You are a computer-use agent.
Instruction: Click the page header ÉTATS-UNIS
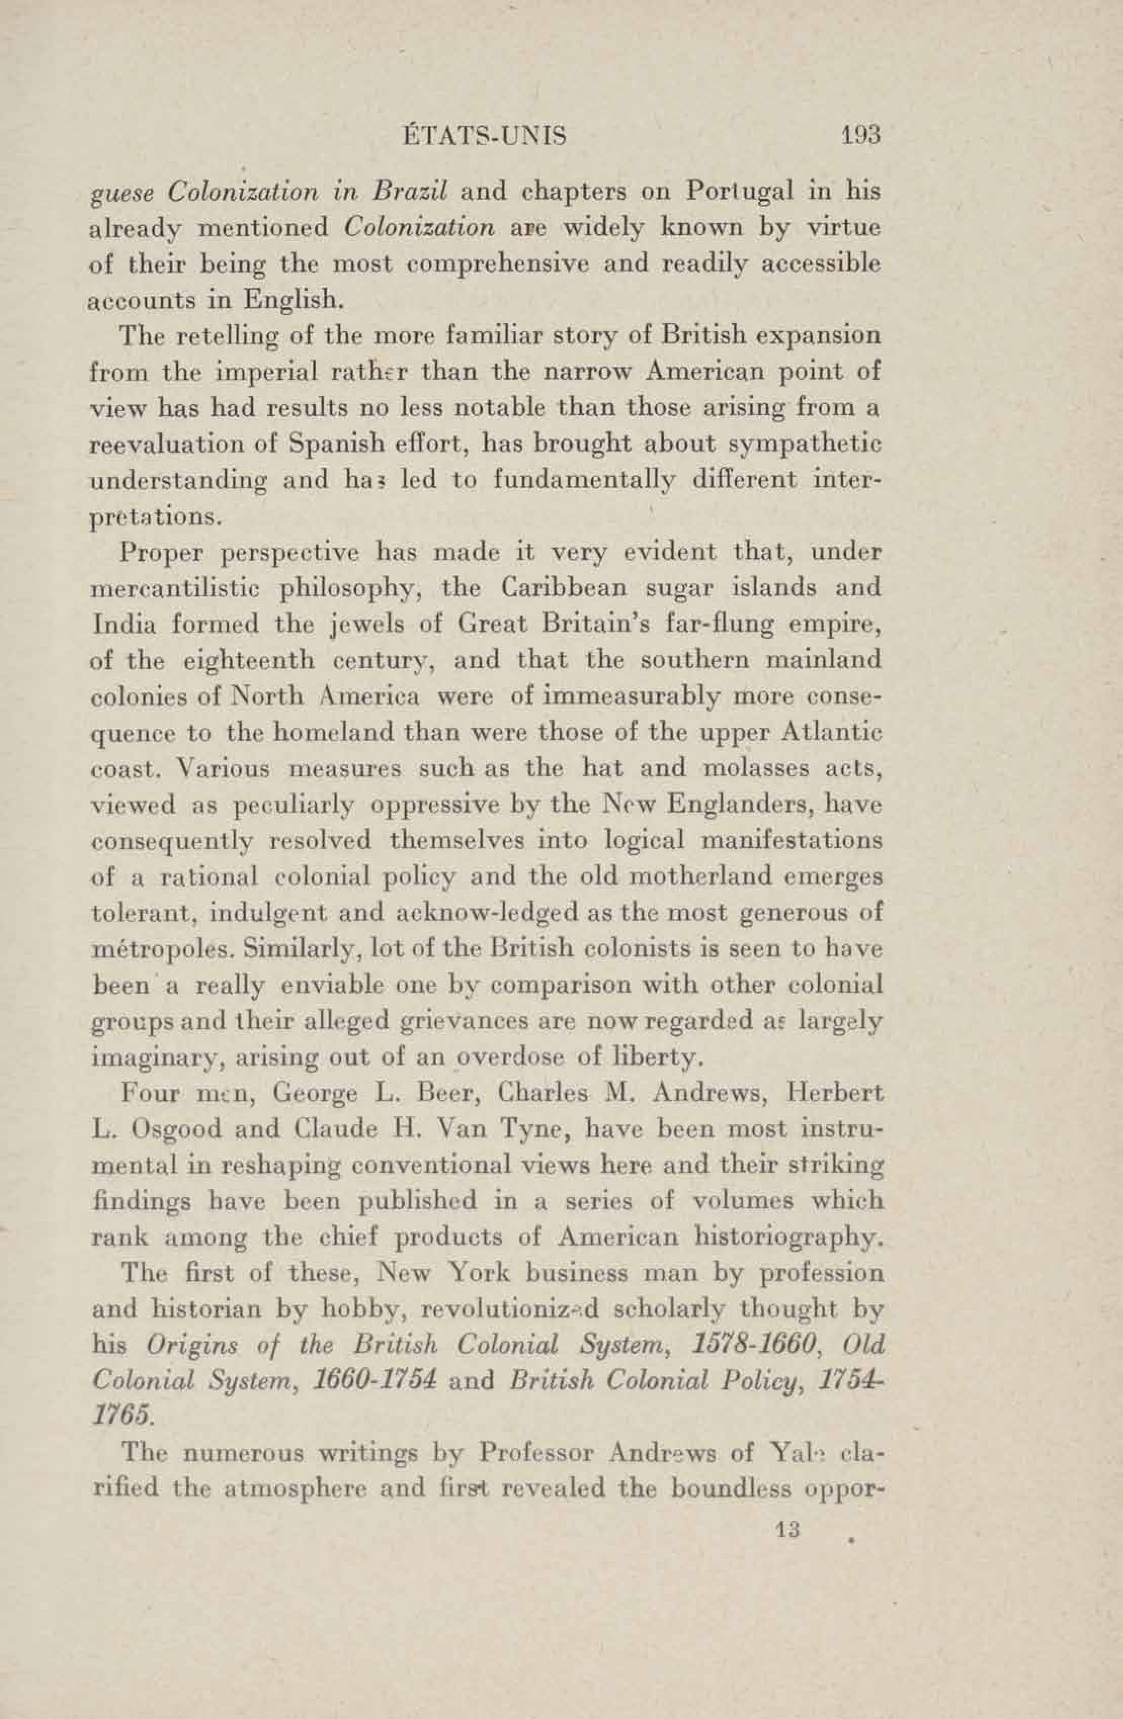click(x=483, y=135)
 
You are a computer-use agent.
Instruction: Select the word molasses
click(x=748, y=767)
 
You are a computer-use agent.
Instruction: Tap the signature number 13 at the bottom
click(x=785, y=1529)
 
